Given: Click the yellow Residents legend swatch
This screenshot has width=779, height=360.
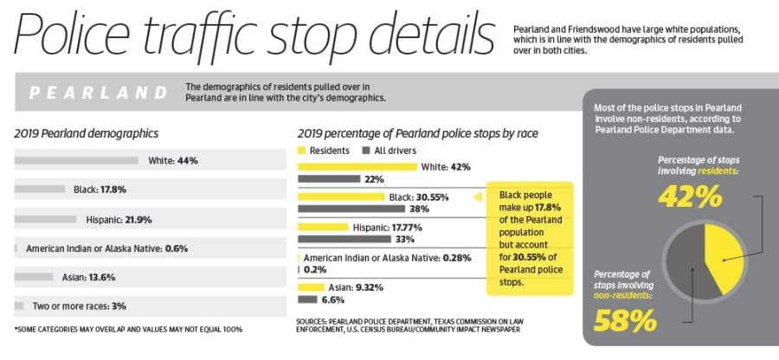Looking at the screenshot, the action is coord(301,151).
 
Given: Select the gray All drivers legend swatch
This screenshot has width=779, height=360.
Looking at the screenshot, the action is coord(366,151).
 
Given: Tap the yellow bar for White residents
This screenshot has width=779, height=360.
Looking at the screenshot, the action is coord(357,167).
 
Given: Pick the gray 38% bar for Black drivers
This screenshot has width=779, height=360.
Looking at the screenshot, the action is coord(351,209).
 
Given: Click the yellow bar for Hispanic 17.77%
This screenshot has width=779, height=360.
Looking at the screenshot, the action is coord(323,228).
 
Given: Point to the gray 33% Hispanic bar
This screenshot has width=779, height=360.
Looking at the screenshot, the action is coord(344,240).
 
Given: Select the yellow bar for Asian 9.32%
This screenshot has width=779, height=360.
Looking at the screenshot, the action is coord(311,287).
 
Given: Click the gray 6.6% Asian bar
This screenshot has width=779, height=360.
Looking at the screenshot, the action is coord(307,299).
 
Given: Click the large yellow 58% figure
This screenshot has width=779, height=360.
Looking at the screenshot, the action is coord(625,320).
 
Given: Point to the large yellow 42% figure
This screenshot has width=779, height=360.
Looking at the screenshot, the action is coord(690,196).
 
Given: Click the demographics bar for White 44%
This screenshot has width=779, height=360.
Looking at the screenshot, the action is coord(76,160).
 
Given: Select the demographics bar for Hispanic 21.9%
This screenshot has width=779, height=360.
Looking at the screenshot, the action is coord(45,219).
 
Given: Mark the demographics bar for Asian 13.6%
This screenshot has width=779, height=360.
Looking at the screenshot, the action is coord(34,277).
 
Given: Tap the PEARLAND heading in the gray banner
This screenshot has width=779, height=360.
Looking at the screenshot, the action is coord(98,93).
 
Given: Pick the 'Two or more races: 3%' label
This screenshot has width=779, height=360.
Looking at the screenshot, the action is coord(80,306).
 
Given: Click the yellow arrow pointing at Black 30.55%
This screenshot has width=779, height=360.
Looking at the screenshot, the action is coord(478,197).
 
